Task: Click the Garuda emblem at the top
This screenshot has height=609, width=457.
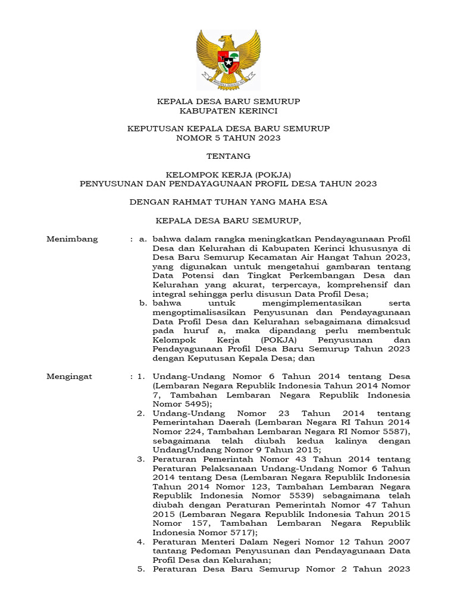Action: click(x=228, y=59)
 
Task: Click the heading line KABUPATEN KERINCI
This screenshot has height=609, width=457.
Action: click(x=228, y=111)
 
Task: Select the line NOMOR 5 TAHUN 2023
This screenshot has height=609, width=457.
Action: click(x=228, y=138)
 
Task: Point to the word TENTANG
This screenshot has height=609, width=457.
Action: click(x=228, y=156)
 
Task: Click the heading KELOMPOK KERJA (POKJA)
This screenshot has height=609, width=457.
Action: click(x=228, y=175)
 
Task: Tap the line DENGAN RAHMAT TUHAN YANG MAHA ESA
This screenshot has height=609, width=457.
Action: click(x=228, y=202)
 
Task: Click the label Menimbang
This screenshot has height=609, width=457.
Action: click(x=72, y=239)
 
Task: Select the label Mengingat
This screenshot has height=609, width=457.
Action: click(x=71, y=376)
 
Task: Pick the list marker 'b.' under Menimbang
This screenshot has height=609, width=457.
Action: click(x=142, y=303)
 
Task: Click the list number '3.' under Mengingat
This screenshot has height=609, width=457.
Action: click(x=140, y=459)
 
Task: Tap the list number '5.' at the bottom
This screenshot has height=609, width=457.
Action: click(x=140, y=569)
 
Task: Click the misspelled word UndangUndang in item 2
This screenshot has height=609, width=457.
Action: click(x=181, y=450)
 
